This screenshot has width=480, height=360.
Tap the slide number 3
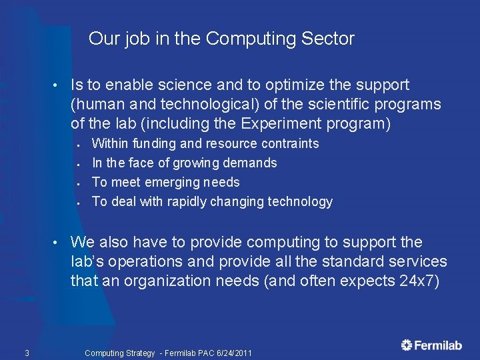tap(26, 353)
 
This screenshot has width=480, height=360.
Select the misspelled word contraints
tap(291, 143)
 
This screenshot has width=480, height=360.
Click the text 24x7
tap(419, 281)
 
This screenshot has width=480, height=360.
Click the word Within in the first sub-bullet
tap(110, 143)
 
